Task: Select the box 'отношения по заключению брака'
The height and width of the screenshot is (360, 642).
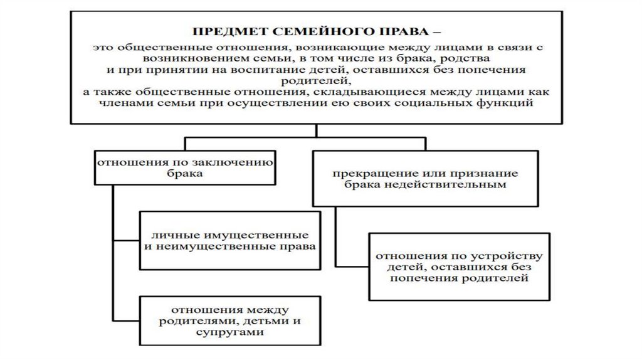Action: tap(185, 167)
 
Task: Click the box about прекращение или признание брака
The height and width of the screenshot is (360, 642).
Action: tap(425, 178)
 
